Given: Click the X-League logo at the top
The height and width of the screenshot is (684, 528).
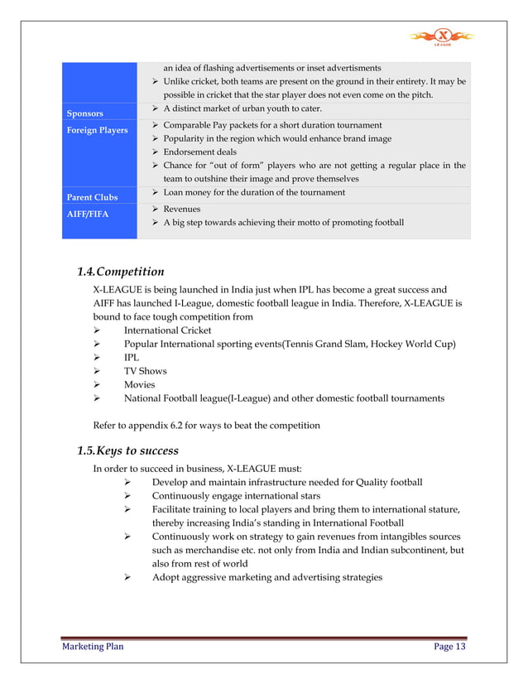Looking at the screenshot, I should pos(444,36).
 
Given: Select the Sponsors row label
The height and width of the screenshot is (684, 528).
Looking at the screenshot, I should pos(85,113).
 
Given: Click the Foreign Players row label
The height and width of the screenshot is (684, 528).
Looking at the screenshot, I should pos(98,130).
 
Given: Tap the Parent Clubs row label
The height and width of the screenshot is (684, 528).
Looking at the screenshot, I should pos(93,197).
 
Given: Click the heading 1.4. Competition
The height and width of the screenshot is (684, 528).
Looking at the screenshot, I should pos(120,272).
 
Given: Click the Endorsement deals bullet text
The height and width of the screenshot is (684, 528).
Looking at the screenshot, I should pos(199,152).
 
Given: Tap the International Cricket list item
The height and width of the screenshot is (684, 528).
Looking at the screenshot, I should pos(167,330).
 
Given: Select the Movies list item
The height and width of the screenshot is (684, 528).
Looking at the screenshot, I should pos(139,384).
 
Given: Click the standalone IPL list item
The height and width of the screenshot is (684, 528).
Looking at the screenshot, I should pos(132,357).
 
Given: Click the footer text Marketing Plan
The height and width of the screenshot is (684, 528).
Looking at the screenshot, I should pos(93,647).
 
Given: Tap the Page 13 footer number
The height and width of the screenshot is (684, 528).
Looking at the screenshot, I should pos(449,647).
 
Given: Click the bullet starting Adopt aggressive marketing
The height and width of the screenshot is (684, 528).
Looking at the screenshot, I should pos(266,576).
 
